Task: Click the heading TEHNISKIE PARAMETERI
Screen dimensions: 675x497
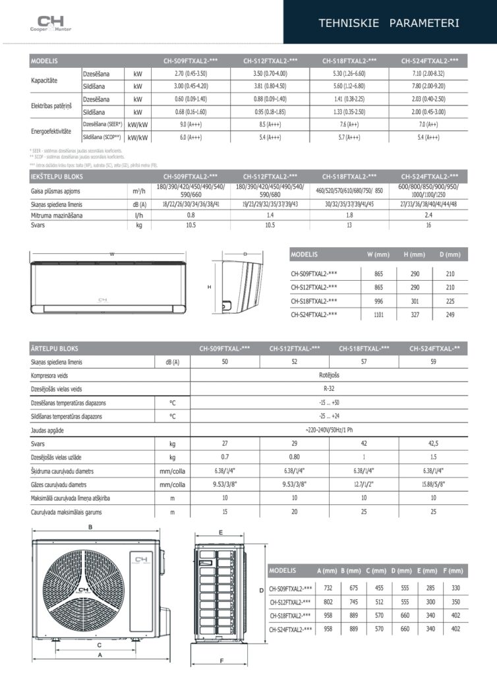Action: point(389,23)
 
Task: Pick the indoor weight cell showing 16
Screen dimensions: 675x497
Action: point(428,225)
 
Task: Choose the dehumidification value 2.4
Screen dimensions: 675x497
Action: point(428,215)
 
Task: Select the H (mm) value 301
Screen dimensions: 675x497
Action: point(415,301)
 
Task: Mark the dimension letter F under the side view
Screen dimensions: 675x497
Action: point(221,660)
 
